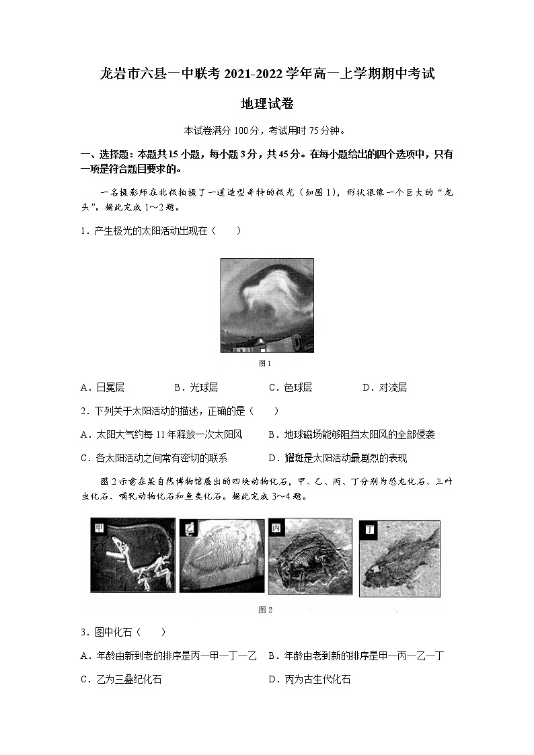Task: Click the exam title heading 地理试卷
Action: [266, 104]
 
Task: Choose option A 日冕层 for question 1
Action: [102, 387]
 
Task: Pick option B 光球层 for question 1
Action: [196, 387]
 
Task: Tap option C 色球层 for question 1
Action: [290, 387]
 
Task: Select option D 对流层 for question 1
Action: [384, 387]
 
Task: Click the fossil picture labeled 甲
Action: [132, 555]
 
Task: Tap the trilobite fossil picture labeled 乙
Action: [221, 555]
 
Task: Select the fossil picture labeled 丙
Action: [310, 557]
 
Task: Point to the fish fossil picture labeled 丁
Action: [399, 558]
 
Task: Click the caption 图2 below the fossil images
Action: [265, 610]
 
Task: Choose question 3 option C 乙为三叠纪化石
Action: [121, 679]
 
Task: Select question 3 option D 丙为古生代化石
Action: [309, 679]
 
